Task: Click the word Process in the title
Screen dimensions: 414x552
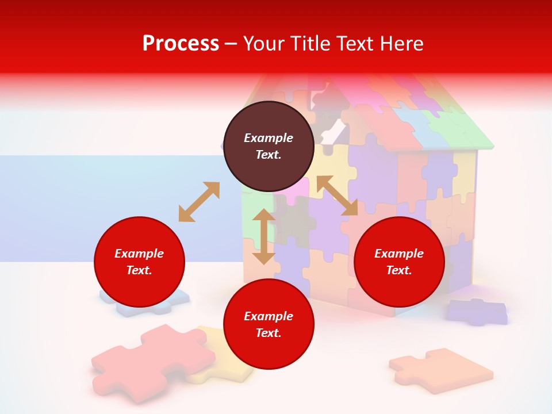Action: pos(181,44)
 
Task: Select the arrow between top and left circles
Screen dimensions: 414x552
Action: pos(199,202)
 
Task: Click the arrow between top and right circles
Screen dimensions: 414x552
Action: pos(337,195)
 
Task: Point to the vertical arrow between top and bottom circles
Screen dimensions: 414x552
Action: pos(264,236)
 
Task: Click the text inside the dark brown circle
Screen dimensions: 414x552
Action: pos(269,146)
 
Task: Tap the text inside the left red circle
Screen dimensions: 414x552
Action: pos(139,262)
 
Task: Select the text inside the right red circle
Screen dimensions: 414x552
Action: pos(399,262)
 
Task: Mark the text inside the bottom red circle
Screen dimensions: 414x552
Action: pos(269,324)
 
